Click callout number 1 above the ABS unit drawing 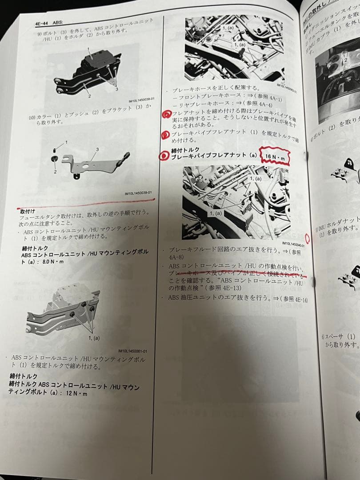pos(88,49)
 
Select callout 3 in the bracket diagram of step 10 pos(97,149)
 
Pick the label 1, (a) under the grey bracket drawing pos(94,338)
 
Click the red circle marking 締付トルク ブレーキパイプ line pos(165,156)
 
